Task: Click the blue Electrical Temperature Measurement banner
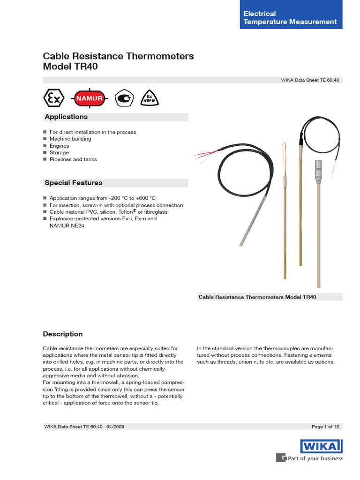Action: click(x=290, y=17)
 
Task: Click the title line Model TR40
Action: click(x=71, y=67)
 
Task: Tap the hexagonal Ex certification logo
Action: click(x=53, y=98)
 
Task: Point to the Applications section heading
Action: click(x=66, y=117)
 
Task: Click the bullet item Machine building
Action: click(x=70, y=139)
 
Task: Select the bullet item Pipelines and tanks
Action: click(x=73, y=159)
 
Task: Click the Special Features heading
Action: click(x=73, y=183)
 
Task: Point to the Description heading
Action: click(x=63, y=334)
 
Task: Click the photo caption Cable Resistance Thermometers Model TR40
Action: click(x=257, y=297)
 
